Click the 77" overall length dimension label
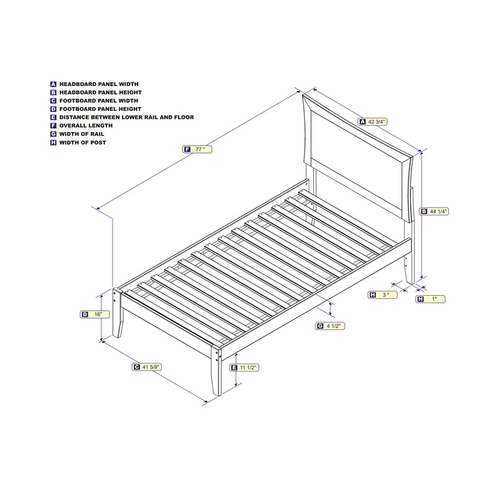pyautogui.click(x=197, y=149)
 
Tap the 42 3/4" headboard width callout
pyautogui.click(x=373, y=121)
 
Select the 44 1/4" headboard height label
pyautogui.click(x=434, y=211)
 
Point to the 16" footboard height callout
pyautogui.click(x=95, y=314)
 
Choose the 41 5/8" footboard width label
pyautogui.click(x=147, y=367)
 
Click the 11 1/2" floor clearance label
pyautogui.click(x=244, y=367)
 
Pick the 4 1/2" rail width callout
pyautogui.click(x=330, y=326)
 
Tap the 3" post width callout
pyautogui.click(x=383, y=294)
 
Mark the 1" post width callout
pyautogui.click(x=430, y=299)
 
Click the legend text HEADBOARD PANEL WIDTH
pyautogui.click(x=99, y=84)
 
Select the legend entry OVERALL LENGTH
pyautogui.click(x=86, y=126)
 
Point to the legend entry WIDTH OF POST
pyautogui.click(x=83, y=143)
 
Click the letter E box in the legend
pyautogui.click(x=54, y=117)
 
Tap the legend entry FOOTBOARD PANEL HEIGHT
pyautogui.click(x=100, y=109)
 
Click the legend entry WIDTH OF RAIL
pyautogui.click(x=82, y=134)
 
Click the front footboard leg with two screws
pyautogui.click(x=216, y=370)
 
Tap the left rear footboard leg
pyautogui.click(x=117, y=313)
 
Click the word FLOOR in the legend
pyautogui.click(x=184, y=117)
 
